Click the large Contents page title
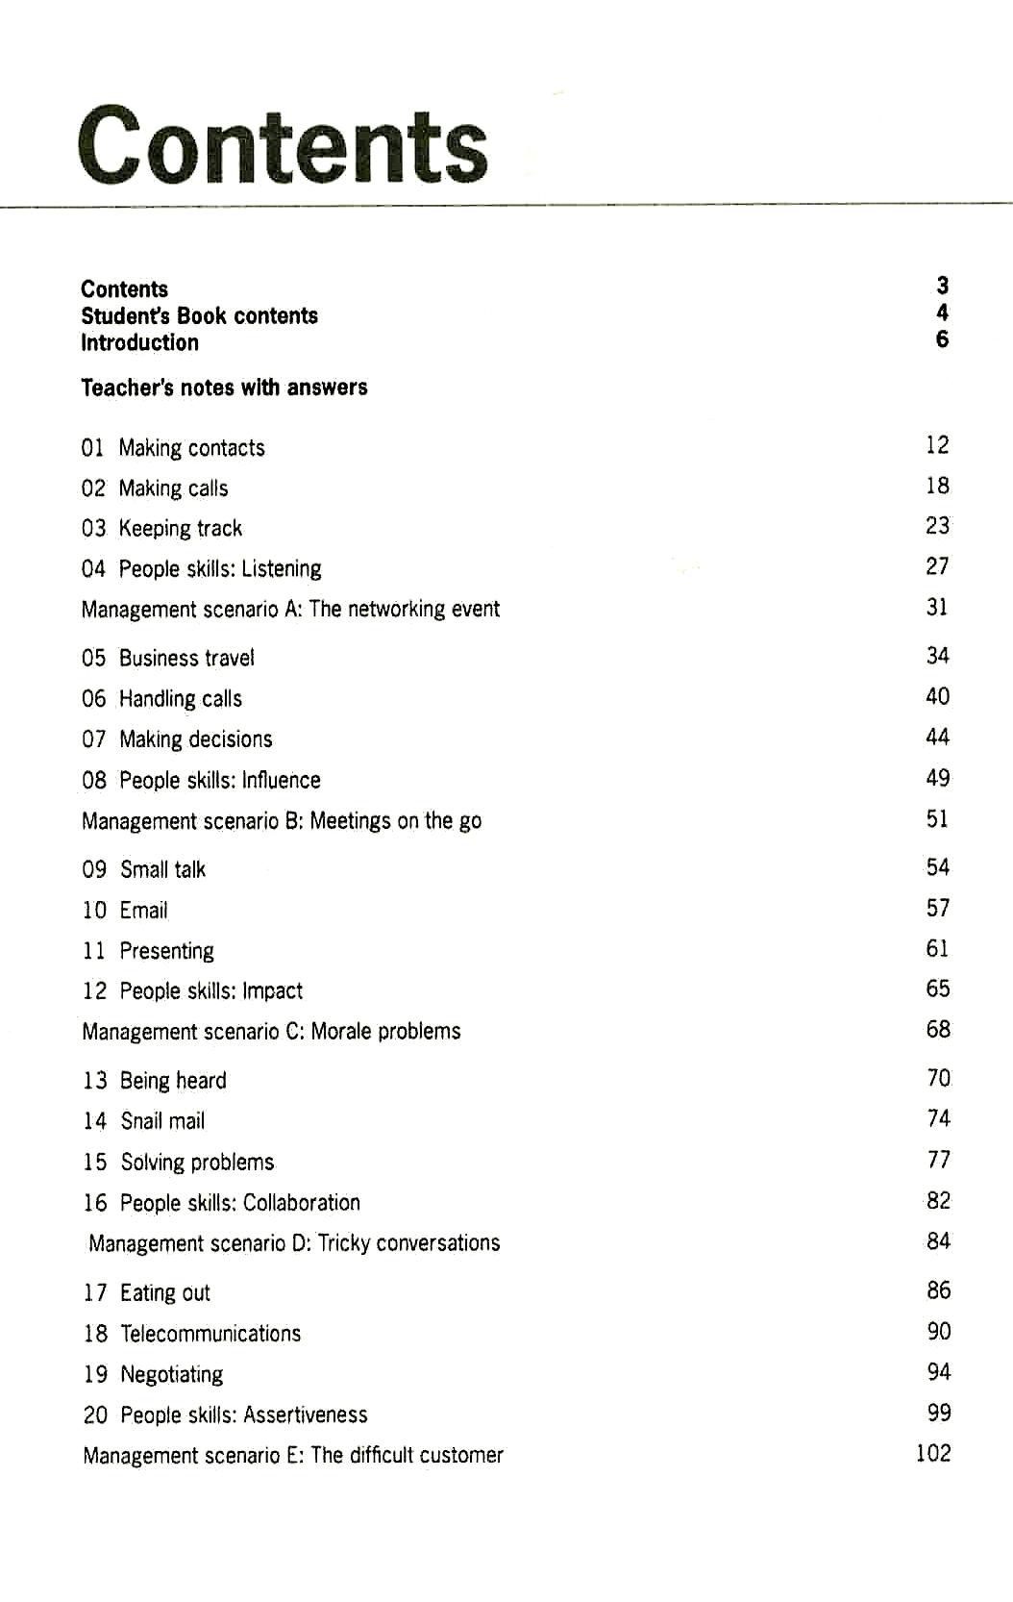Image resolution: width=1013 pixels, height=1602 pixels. tap(283, 146)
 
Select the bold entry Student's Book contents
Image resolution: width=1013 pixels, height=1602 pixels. tap(199, 315)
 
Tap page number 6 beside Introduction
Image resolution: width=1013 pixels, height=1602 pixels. tap(942, 339)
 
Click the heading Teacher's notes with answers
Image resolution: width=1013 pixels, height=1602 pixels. tap(224, 388)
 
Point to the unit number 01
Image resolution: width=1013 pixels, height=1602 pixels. tap(93, 448)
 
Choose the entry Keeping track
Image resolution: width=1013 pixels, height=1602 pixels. tap(180, 528)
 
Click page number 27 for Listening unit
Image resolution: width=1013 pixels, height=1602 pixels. tap(937, 566)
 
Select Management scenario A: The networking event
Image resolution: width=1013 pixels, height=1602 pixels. tap(290, 609)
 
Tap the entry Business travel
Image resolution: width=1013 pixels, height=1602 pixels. tap(186, 658)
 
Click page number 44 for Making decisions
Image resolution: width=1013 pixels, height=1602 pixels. tap(937, 738)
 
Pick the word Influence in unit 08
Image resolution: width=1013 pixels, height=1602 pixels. tap(282, 780)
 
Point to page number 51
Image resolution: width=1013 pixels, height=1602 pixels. tap(937, 819)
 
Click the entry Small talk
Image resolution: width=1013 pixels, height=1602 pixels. tap(162, 869)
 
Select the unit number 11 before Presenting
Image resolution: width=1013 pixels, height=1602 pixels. tap(94, 951)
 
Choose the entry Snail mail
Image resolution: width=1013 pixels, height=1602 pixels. tap(162, 1121)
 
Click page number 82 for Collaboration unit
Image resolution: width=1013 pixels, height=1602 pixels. tap(938, 1200)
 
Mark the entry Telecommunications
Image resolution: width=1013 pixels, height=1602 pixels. tap(210, 1333)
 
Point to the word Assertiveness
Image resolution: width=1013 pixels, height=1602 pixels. tap(306, 1414)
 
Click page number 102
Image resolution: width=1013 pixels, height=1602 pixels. tap(933, 1453)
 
